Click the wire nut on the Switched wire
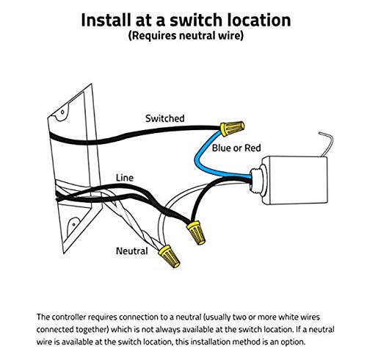tap(232, 129)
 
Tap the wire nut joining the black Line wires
tap(196, 232)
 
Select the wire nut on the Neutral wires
tap(170, 256)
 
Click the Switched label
tap(165, 118)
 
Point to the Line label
tap(125, 178)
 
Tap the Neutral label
tap(132, 251)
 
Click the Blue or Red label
tap(236, 148)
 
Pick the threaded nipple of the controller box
tap(256, 181)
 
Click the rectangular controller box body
tap(294, 181)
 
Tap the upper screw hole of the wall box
tap(62, 112)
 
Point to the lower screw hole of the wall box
tap(74, 224)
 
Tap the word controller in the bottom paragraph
tap(68, 317)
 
